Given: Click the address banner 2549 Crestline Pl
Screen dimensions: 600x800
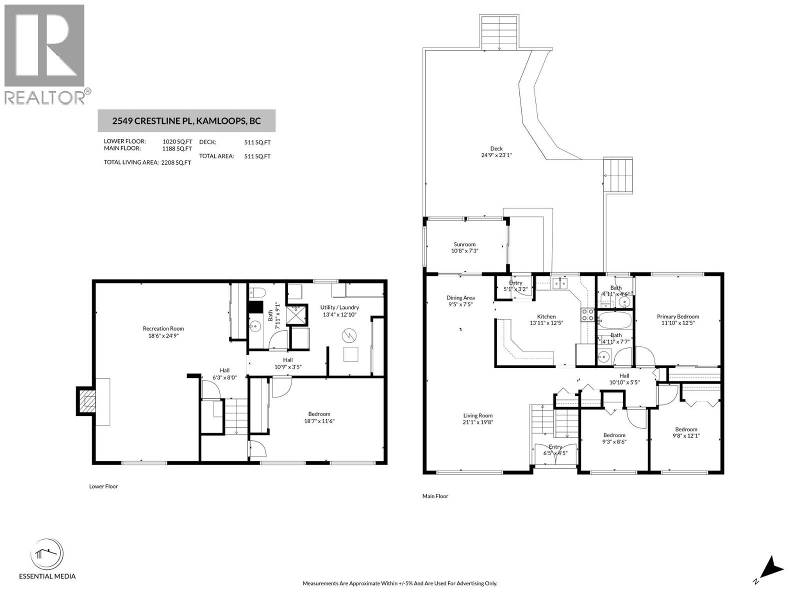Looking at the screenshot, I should tap(186, 121).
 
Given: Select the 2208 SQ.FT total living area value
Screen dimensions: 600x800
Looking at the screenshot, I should tap(176, 162).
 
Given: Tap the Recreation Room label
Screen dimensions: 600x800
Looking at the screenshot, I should tap(163, 328).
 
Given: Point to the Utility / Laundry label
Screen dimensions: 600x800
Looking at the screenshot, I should tap(339, 307).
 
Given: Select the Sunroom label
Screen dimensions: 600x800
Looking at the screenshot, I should tap(464, 244).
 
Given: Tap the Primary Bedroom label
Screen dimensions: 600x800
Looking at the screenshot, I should tap(677, 316).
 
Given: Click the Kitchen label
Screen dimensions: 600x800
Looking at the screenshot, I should tap(546, 316).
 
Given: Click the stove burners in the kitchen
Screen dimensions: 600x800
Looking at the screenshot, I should tap(587, 315).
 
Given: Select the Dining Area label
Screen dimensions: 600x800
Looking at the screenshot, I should tap(460, 298).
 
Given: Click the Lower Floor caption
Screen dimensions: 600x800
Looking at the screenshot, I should tap(103, 486).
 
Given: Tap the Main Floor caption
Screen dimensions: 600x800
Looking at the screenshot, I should tap(435, 496).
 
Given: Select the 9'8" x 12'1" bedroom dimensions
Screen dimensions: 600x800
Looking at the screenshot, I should tap(686, 435).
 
